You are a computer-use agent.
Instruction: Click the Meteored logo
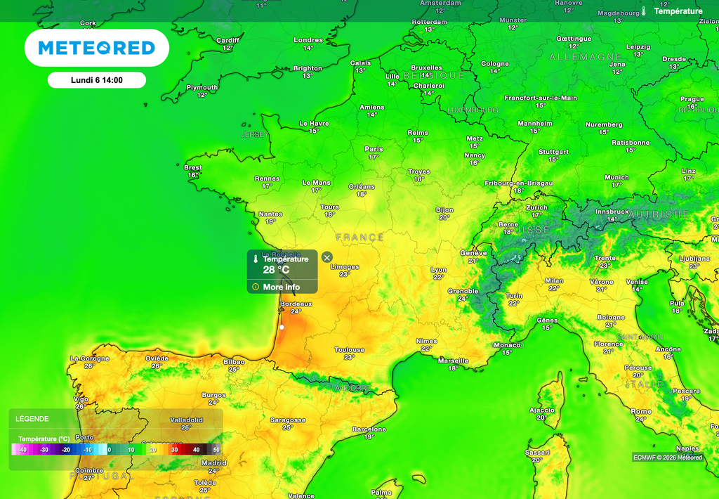click(x=96, y=48)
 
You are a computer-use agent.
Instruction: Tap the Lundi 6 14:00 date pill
click(x=97, y=80)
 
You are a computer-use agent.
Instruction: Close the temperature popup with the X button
click(x=326, y=257)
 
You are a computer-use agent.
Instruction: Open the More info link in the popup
click(x=281, y=287)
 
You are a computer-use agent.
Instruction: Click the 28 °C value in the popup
click(x=276, y=270)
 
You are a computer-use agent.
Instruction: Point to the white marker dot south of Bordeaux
click(x=281, y=327)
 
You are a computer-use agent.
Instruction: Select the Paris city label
click(x=374, y=149)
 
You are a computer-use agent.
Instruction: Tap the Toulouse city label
click(x=349, y=349)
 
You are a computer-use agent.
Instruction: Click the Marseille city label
click(x=453, y=361)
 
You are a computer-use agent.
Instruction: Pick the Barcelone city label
click(x=369, y=429)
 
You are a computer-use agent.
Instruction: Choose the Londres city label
click(x=308, y=40)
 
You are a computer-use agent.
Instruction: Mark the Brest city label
click(x=193, y=168)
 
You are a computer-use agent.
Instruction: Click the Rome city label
click(x=641, y=412)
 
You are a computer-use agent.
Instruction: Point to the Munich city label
click(x=616, y=178)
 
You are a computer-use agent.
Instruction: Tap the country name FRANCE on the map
click(x=359, y=238)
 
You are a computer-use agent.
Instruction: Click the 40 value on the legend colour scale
click(x=196, y=449)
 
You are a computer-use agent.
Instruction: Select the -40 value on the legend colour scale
click(x=22, y=449)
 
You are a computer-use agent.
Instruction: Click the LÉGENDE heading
click(x=32, y=419)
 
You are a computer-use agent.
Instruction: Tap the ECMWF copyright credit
click(x=667, y=457)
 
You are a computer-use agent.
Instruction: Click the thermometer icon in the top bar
click(x=642, y=11)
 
